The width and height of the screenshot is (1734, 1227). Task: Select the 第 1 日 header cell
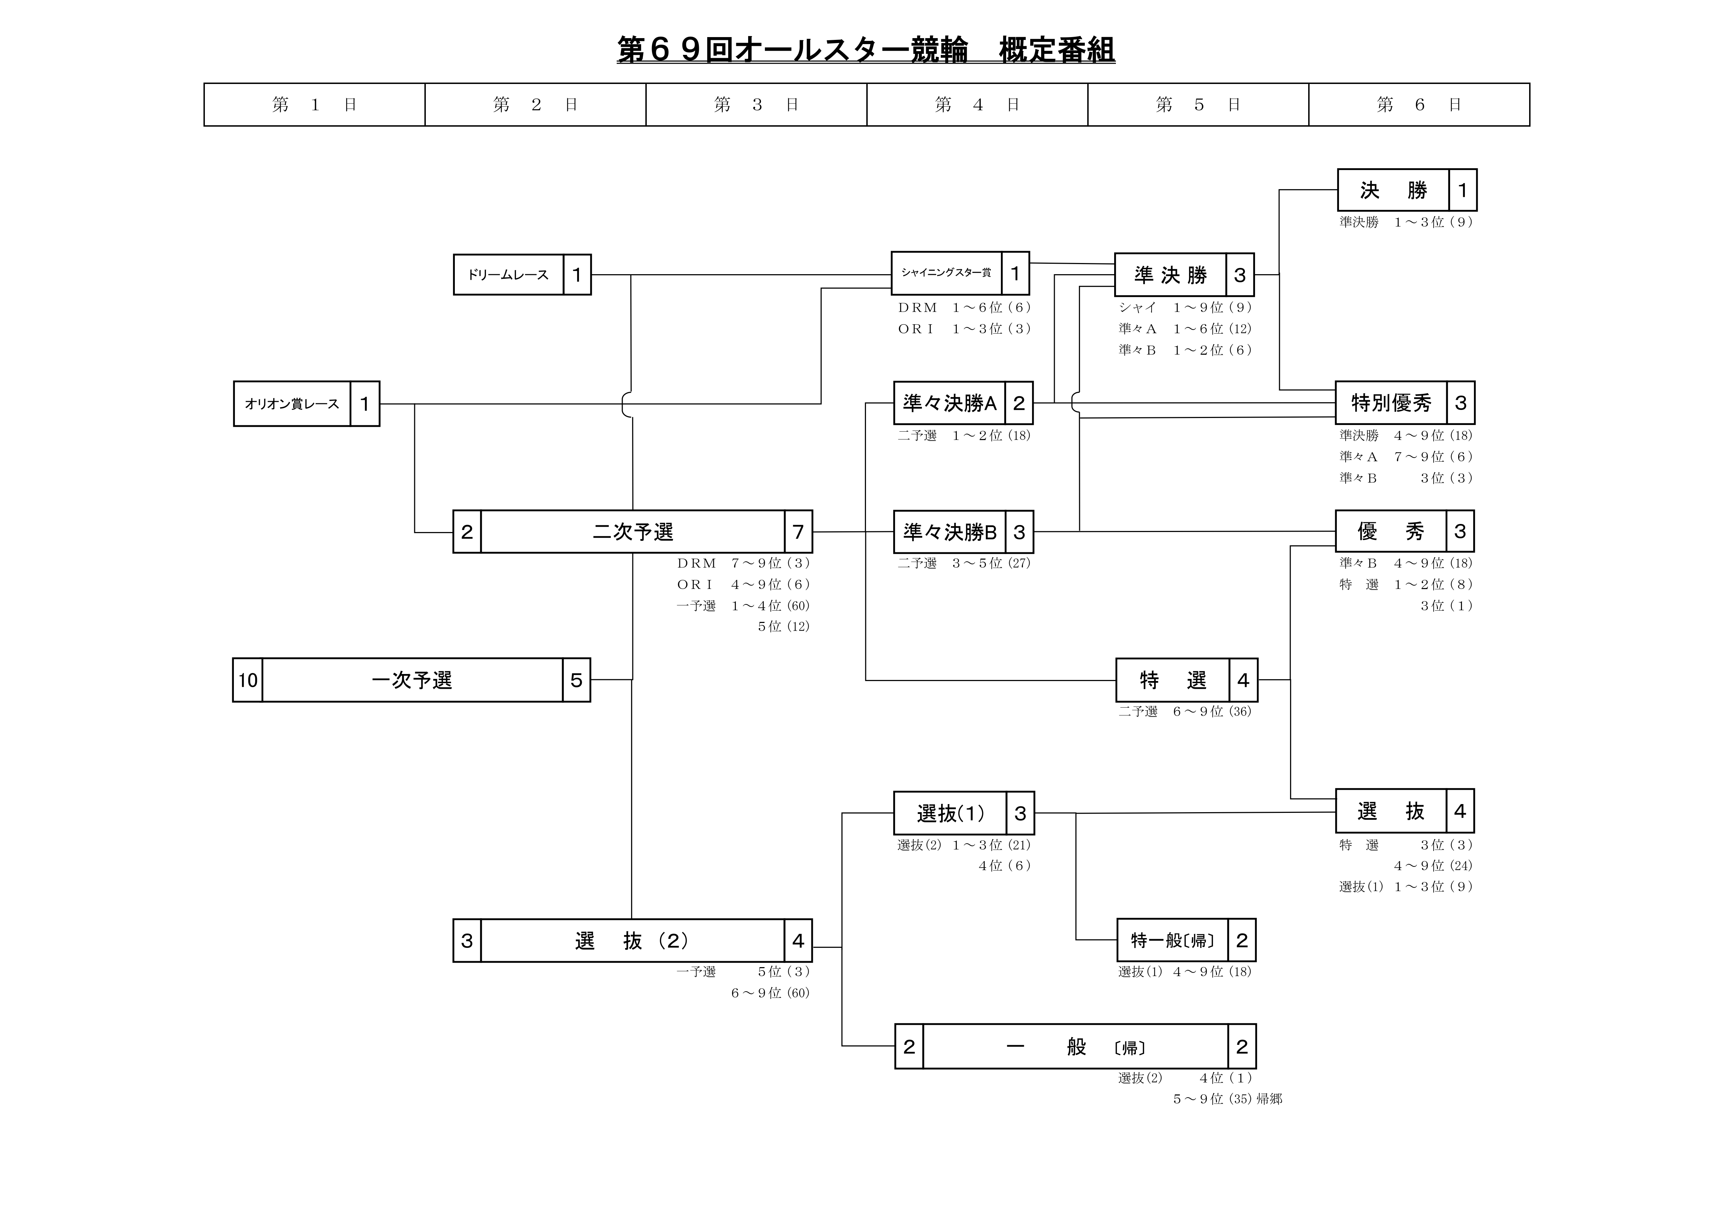pos(314,104)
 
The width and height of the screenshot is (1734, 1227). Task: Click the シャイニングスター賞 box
pos(946,273)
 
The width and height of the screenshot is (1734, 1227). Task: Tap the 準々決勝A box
pos(949,403)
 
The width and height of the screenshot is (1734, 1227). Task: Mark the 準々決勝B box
pos(949,532)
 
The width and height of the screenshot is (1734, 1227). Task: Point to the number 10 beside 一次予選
pos(248,680)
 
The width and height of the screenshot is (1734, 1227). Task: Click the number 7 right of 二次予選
pos(798,532)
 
